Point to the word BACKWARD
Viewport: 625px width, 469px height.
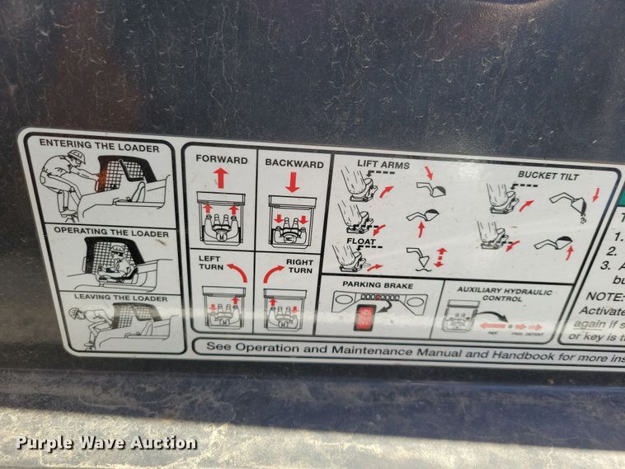(x=294, y=163)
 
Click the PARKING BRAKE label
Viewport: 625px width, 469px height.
(x=373, y=285)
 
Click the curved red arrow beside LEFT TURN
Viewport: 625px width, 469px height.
(x=237, y=270)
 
